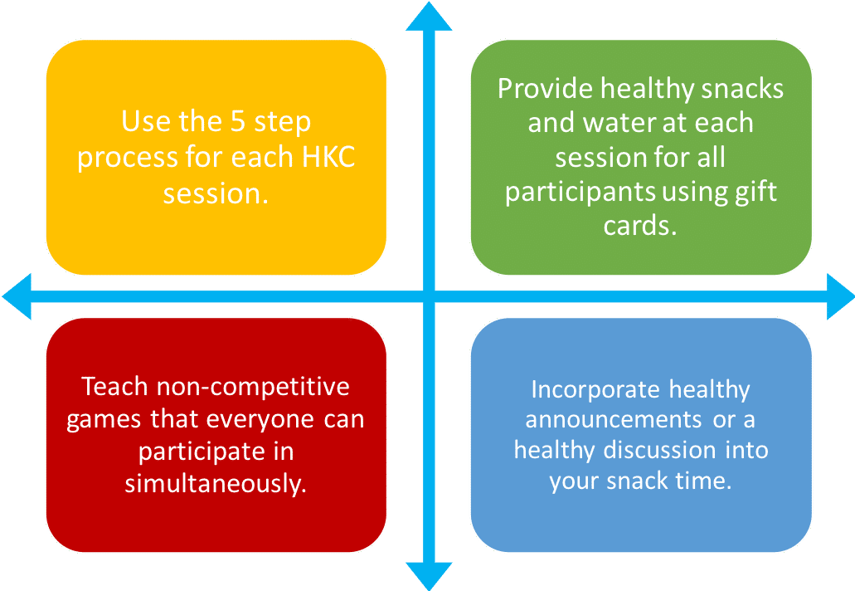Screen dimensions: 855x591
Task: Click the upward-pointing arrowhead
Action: (x=429, y=17)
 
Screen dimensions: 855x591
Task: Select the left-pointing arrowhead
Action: (x=17, y=296)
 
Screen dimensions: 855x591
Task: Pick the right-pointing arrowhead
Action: (x=840, y=296)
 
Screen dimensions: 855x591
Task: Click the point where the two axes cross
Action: (x=429, y=296)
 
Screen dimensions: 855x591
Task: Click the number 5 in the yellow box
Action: (x=238, y=121)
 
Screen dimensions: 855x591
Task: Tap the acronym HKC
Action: (x=328, y=157)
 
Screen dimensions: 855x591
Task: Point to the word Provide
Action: (x=545, y=89)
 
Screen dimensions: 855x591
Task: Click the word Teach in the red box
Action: (x=115, y=386)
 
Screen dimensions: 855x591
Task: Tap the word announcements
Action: (x=614, y=420)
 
